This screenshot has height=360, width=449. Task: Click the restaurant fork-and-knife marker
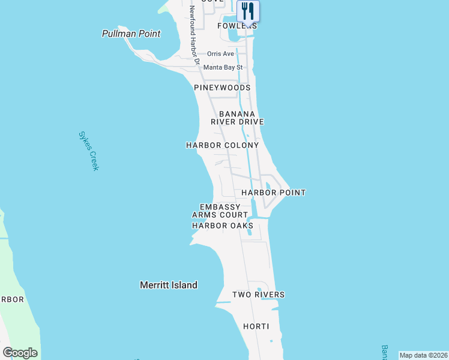coord(248,11)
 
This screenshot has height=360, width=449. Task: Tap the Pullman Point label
coord(131,34)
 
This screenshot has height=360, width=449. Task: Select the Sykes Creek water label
coord(88,151)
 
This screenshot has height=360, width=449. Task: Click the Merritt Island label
coord(169,285)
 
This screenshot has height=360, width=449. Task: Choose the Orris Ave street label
coord(220,54)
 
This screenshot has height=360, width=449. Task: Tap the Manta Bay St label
coord(223,68)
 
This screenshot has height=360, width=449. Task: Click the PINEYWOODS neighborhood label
coord(222,88)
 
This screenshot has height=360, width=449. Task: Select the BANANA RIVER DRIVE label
coord(237,118)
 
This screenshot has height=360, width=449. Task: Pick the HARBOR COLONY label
coord(222,145)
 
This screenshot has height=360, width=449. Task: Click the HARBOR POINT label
coord(273,193)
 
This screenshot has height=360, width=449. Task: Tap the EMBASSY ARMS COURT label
coord(220,211)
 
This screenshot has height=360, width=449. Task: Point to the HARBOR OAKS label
coord(222,226)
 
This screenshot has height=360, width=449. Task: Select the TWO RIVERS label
coord(258,295)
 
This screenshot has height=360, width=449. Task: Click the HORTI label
coord(255,326)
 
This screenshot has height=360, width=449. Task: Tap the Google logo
coord(20,353)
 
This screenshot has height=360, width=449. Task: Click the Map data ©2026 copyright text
coord(423,355)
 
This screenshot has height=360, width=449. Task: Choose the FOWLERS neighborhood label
coord(237,26)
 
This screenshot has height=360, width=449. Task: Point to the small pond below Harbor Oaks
coord(249,234)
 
